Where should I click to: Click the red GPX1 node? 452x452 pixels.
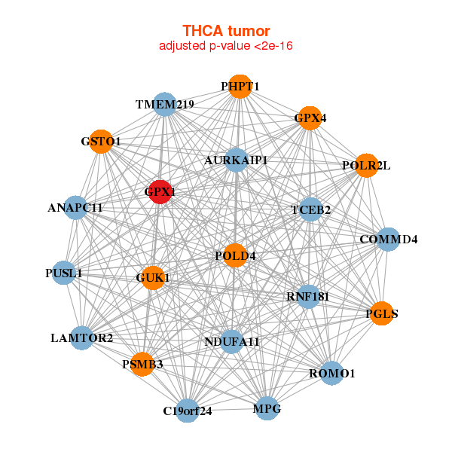[x=160, y=191]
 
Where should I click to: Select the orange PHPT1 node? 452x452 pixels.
[x=240, y=87]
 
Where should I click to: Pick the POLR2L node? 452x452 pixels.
[x=366, y=166]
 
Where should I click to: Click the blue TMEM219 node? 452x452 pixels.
[x=165, y=104]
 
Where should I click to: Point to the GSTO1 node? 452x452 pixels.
[x=101, y=141]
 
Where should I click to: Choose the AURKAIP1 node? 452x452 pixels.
[x=236, y=160]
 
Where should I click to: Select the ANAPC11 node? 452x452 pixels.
[x=75, y=207]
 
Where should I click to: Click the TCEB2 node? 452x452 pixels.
[x=310, y=210]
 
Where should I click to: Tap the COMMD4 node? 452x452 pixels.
[x=388, y=240]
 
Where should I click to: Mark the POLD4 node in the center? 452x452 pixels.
[x=235, y=255]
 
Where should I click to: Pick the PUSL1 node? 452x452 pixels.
[x=63, y=273]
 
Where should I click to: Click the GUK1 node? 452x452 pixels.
[x=152, y=278]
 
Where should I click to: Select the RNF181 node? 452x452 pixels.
[x=308, y=296]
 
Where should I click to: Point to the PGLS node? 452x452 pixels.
[x=382, y=313]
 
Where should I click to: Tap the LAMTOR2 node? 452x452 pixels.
[x=83, y=337]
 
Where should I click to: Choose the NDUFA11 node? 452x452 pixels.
[x=232, y=342]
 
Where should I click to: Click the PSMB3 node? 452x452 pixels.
[x=142, y=364]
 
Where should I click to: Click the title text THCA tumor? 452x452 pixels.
[x=226, y=31]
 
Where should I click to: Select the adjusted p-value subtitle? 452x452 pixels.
[x=226, y=46]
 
